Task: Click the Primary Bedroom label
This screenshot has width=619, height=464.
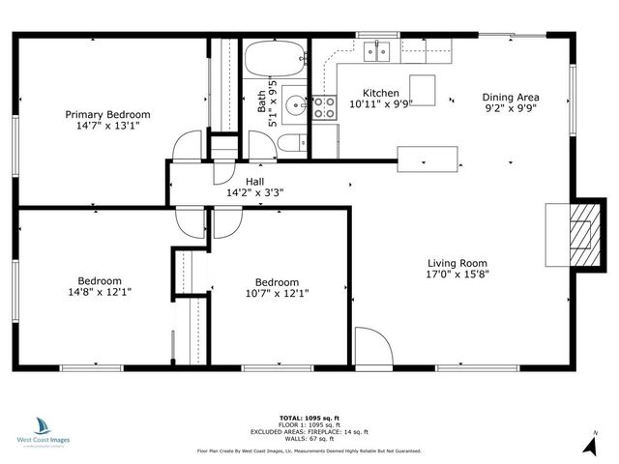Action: pyautogui.click(x=107, y=114)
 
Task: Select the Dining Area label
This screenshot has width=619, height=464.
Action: pyautogui.click(x=511, y=98)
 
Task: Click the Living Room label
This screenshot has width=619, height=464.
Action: pyautogui.click(x=458, y=263)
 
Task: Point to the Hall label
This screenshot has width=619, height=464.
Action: pyautogui.click(x=254, y=182)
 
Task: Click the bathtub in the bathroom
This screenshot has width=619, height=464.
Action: pyautogui.click(x=274, y=60)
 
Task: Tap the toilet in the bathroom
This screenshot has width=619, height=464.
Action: pyautogui.click(x=289, y=145)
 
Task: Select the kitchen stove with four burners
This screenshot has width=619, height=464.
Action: pyautogui.click(x=323, y=108)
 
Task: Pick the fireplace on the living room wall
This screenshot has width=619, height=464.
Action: pyautogui.click(x=579, y=233)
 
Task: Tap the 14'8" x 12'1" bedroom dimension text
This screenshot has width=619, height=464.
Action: pyautogui.click(x=100, y=291)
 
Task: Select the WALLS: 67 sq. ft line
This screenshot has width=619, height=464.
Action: pyautogui.click(x=311, y=439)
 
